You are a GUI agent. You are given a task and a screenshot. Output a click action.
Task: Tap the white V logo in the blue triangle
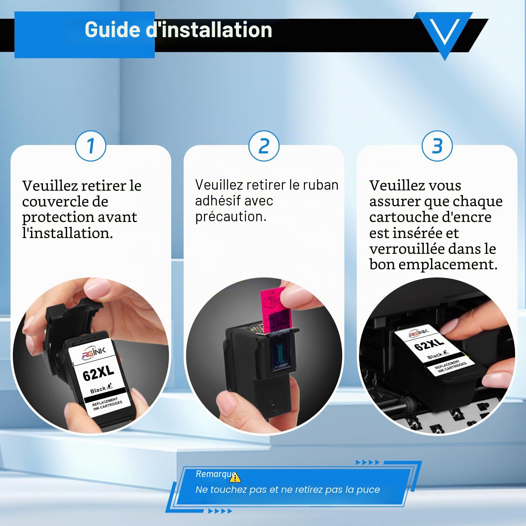[x=444, y=32]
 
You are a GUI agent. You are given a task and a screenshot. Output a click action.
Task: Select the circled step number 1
[x=91, y=146]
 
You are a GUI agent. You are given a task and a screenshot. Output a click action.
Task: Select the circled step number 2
[x=264, y=146]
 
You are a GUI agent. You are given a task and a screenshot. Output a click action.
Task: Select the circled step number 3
[x=437, y=146]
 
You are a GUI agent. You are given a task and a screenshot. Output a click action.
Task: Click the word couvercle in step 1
[x=65, y=201]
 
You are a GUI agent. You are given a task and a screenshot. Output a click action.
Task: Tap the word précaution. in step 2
[x=231, y=217]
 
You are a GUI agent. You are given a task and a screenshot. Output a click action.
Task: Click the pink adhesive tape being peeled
[x=275, y=310]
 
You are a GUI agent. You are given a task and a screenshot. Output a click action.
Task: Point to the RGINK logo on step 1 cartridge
[x=94, y=352]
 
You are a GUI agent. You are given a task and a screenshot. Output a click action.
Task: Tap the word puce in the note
[x=368, y=490]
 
